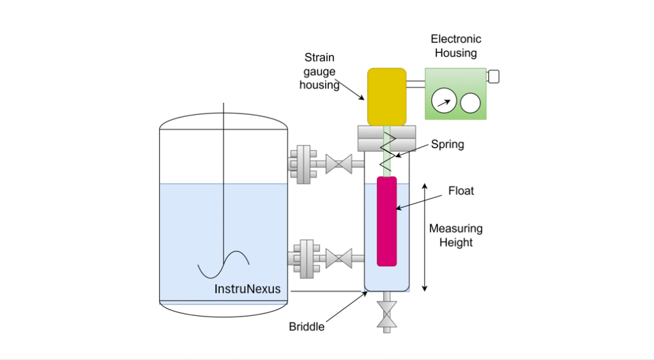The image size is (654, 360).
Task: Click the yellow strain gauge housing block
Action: coord(386,96)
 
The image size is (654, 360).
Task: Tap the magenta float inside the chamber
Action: coord(386,221)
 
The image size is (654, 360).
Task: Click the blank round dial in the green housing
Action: coord(471,102)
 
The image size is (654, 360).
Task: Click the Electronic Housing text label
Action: coord(456,47)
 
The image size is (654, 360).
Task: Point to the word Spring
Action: coord(447,144)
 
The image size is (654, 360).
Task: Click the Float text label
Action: coord(461,191)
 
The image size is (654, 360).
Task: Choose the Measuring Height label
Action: coord(455,236)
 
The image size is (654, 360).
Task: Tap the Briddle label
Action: coord(307,327)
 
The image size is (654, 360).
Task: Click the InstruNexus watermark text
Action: coord(247,289)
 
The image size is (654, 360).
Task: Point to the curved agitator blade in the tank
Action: coord(223,264)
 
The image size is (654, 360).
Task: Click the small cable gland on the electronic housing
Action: coord(492,77)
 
